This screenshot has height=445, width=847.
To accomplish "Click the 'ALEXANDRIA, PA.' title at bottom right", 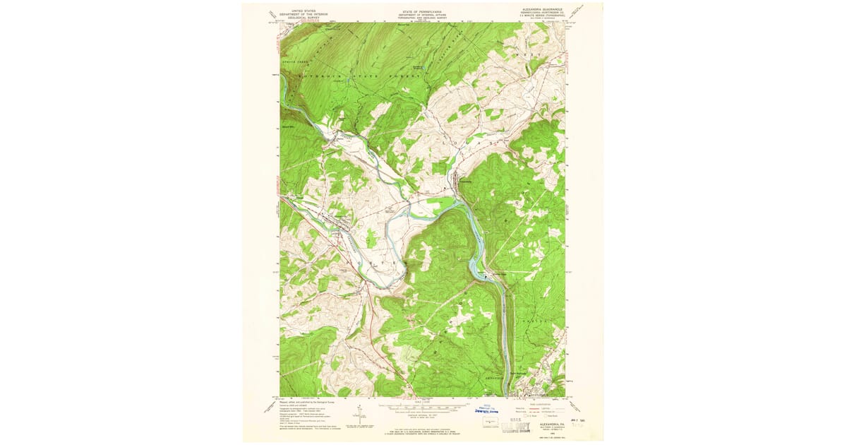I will (543, 421).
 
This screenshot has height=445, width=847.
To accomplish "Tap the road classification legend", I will (540, 409).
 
